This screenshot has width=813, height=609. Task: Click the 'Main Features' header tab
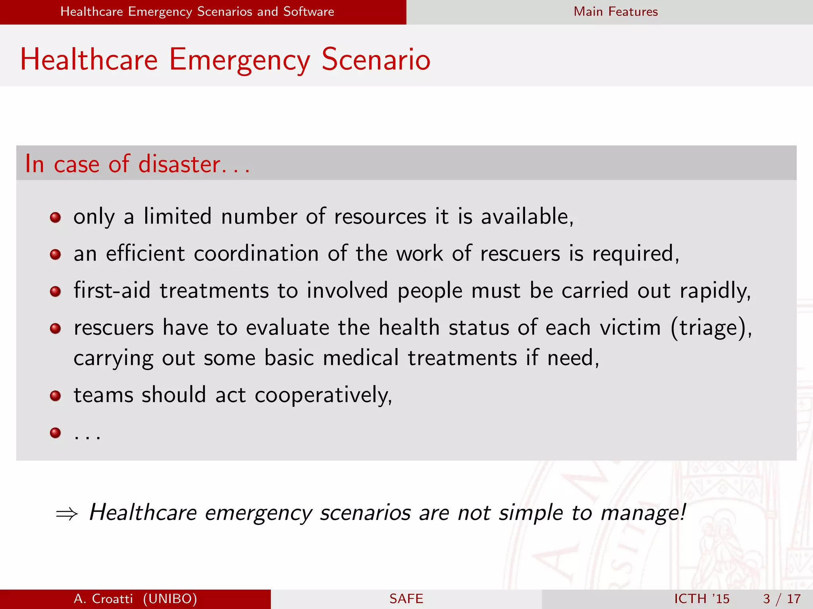tap(615, 11)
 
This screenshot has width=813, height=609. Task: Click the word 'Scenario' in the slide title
tap(376, 60)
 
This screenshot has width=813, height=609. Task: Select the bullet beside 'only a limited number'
tap(55, 217)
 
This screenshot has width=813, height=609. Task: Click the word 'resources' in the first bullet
tap(380, 217)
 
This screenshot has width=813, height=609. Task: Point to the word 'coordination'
tap(256, 254)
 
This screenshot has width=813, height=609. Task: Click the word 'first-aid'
tap(112, 290)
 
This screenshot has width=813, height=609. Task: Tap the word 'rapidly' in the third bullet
tap(715, 291)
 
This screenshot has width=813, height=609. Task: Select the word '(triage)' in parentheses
tap(710, 328)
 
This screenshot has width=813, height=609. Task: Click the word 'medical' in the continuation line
tap(360, 358)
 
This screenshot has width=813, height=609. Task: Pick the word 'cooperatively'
tap(323, 395)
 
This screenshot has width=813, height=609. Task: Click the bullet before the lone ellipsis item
tap(55, 433)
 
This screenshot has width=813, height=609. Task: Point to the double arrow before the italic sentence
tap(67, 514)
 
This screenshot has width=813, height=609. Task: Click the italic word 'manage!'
tap(643, 513)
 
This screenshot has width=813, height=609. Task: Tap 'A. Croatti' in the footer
tap(103, 599)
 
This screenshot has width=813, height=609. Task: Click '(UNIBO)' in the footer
tap(170, 599)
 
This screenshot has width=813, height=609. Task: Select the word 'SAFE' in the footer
tap(406, 599)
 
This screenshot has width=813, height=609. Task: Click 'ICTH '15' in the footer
tap(701, 599)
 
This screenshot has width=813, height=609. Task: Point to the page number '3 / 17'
tap(781, 599)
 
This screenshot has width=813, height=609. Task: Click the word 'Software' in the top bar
tap(308, 11)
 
